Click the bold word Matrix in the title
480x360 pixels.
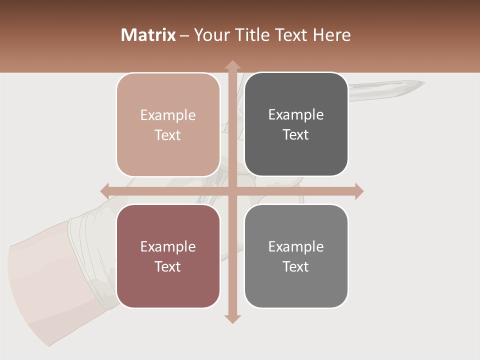click(x=148, y=35)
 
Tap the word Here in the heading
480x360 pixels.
click(x=332, y=35)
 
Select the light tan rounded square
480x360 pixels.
click(x=168, y=124)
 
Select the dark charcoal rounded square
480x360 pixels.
click(x=296, y=124)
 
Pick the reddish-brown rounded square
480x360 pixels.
click(x=168, y=256)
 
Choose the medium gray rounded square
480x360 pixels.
click(x=296, y=256)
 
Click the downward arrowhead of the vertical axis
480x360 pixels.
click(x=232, y=318)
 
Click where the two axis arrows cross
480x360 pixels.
click(x=232, y=191)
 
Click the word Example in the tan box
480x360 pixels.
click(x=168, y=115)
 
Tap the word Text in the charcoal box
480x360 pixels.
click(x=296, y=135)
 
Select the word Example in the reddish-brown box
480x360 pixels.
click(x=168, y=247)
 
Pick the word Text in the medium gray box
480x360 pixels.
click(x=296, y=266)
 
